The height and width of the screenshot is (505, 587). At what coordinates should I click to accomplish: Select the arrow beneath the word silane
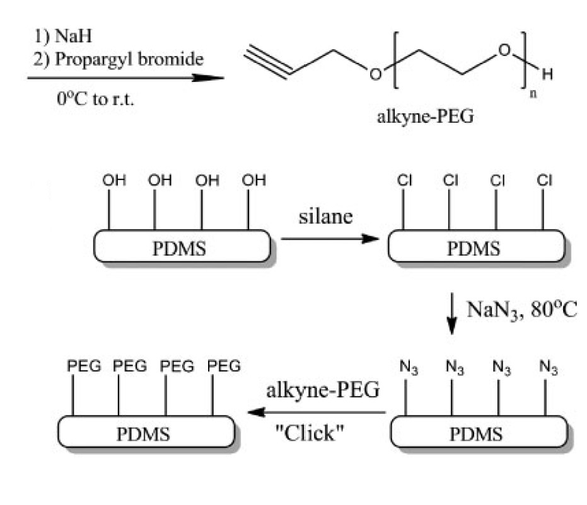(x=328, y=239)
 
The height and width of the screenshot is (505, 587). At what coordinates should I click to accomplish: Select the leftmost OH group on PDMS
(x=110, y=181)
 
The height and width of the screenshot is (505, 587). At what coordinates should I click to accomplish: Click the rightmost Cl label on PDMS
(x=544, y=181)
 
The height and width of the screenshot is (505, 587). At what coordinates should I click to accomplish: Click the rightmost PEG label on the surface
(x=224, y=366)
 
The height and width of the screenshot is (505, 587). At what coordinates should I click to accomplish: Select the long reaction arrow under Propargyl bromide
(x=126, y=79)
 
